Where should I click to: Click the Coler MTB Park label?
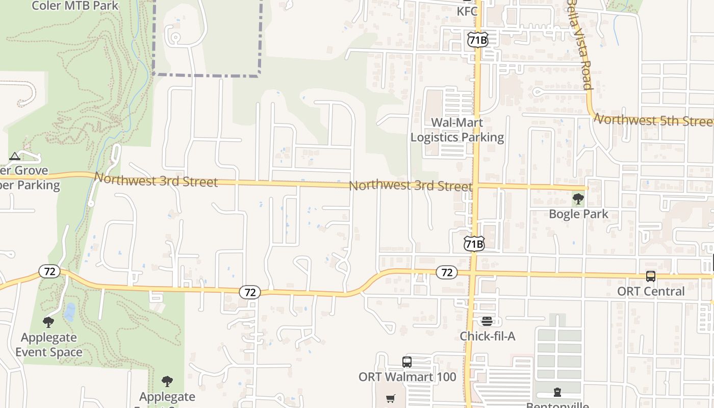click(x=75, y=6)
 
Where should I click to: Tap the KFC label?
click(x=467, y=11)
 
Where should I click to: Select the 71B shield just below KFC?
click(x=477, y=40)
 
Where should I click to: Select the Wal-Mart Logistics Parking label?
click(x=457, y=130)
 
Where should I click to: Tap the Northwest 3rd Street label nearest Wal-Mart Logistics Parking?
click(x=410, y=185)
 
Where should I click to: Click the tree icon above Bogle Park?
click(x=578, y=199)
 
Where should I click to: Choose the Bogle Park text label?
click(x=578, y=213)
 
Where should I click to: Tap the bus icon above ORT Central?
click(x=651, y=276)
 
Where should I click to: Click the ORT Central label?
click(x=651, y=291)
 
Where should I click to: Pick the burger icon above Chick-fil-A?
click(x=487, y=321)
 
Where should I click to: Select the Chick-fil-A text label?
click(x=487, y=336)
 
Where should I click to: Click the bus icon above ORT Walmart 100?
click(x=406, y=362)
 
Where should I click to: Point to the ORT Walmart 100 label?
click(x=407, y=377)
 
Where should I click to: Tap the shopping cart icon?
click(x=391, y=399)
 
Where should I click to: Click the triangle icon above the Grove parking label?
click(x=15, y=156)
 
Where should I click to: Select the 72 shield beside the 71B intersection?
click(x=446, y=272)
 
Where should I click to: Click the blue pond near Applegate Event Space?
click(x=69, y=312)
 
